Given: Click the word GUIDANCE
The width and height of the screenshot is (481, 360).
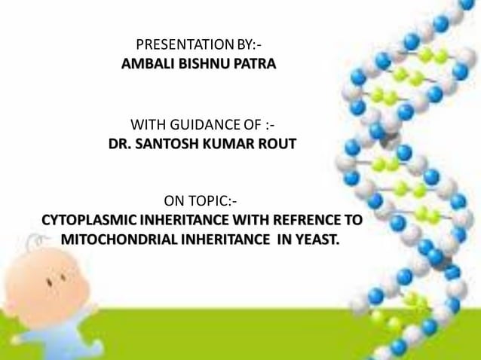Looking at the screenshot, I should pos(199,124).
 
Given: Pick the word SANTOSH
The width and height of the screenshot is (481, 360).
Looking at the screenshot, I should pos(162,142).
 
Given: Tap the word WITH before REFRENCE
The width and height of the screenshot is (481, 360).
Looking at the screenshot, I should pos(256,221).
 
